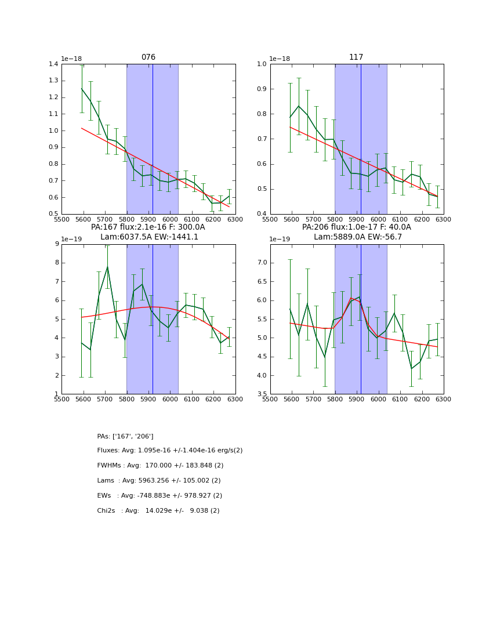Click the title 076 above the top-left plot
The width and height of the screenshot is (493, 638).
(x=148, y=57)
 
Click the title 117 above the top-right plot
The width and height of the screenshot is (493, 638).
(x=356, y=57)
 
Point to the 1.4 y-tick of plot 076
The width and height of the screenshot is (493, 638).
(x=52, y=64)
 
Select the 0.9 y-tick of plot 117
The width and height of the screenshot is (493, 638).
(x=261, y=89)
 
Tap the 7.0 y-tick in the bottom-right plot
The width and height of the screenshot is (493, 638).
(x=261, y=263)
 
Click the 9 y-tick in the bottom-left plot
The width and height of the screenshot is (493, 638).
(x=56, y=244)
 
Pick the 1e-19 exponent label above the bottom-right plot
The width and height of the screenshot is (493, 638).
(x=281, y=239)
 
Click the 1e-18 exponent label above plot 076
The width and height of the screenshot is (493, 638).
(x=72, y=59)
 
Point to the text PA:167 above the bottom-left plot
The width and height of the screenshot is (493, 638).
(x=103, y=227)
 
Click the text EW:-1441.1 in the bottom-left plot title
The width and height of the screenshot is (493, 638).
(x=174, y=237)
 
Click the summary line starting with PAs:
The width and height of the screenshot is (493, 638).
(x=125, y=436)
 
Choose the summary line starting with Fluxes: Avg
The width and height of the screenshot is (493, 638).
(x=170, y=451)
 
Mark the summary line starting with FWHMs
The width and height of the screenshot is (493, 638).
(x=160, y=466)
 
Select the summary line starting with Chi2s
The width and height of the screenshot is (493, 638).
(x=158, y=511)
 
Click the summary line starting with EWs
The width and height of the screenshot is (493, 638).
(x=159, y=496)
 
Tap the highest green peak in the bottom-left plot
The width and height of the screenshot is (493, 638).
(x=107, y=267)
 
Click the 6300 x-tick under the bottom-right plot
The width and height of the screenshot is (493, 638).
(x=443, y=399)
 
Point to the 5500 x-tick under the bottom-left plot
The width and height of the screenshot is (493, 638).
(x=61, y=399)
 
